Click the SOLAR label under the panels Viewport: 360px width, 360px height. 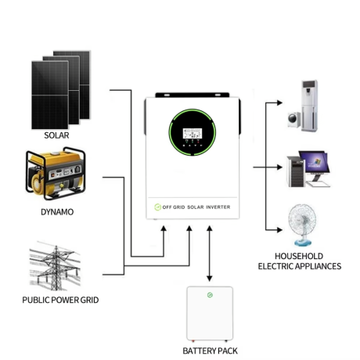(x=56, y=135)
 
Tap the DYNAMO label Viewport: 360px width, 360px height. (x=57, y=212)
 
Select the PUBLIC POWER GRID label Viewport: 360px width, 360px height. (x=60, y=300)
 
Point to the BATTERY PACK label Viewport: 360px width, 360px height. (x=210, y=351)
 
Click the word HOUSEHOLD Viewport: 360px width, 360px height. (x=299, y=256)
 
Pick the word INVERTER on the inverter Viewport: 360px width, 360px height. (x=218, y=207)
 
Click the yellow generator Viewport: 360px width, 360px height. (x=56, y=174)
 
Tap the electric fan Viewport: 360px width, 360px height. (x=302, y=225)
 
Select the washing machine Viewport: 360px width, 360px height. (x=294, y=120)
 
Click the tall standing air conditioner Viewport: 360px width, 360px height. (x=310, y=106)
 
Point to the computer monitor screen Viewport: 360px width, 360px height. (x=314, y=162)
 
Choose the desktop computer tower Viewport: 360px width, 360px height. (x=296, y=171)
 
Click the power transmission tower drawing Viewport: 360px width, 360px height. (x=55, y=267)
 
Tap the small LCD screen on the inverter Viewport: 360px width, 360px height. (x=193, y=134)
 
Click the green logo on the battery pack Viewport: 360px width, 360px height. (x=210, y=295)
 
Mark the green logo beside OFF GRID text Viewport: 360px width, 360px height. (x=157, y=207)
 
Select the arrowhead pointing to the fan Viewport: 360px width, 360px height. (x=279, y=230)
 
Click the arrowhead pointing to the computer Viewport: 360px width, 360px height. (x=279, y=167)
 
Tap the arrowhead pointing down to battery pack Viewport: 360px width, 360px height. (x=209, y=279)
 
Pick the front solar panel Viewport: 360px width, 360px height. (x=50, y=95)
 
